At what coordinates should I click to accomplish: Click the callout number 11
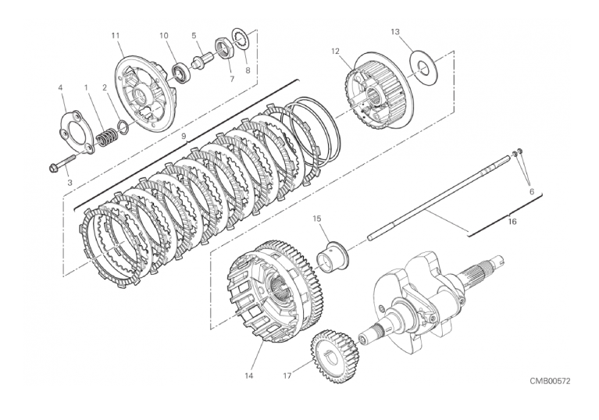click(116, 35)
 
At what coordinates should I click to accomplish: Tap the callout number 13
click(395, 32)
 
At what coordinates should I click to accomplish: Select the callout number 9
click(184, 136)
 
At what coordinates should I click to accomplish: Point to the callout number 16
click(512, 222)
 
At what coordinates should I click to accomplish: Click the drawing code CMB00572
click(550, 382)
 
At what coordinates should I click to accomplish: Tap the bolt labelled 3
click(63, 162)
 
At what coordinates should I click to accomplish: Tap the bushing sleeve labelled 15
click(332, 256)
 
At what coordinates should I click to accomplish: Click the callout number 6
click(532, 192)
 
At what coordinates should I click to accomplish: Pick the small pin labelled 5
click(203, 60)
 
